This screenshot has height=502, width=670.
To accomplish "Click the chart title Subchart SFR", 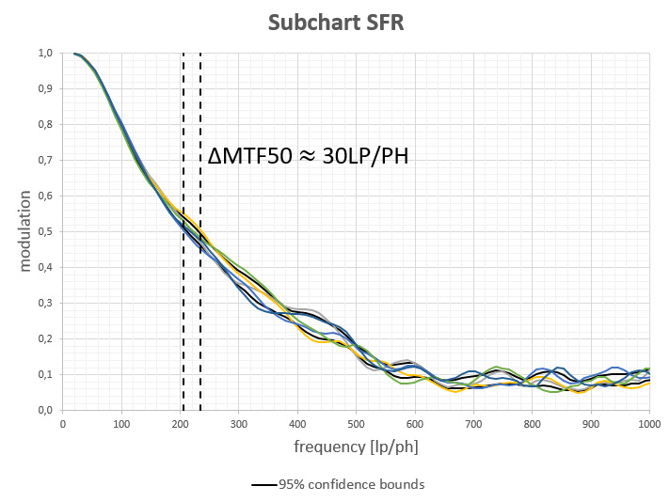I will click(335, 22).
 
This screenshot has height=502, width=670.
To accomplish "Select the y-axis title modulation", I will click(24, 231).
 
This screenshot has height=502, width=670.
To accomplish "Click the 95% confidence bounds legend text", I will click(351, 485).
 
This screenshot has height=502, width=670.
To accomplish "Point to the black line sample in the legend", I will click(263, 485).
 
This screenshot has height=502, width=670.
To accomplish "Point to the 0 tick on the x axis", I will click(63, 424).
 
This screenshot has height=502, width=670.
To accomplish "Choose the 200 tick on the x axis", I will click(180, 424).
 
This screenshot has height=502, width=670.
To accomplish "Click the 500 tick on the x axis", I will click(356, 424).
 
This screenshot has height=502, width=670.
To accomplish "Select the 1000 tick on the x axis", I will click(648, 424).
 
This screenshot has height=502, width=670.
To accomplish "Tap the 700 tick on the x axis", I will click(473, 424).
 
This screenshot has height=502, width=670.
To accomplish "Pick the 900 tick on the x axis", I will click(590, 424).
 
